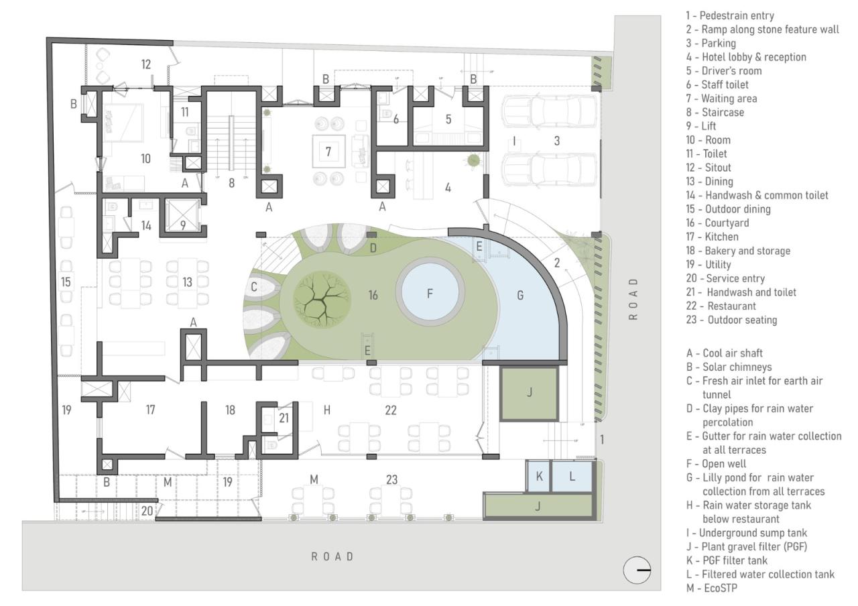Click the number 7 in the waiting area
click(x=328, y=152)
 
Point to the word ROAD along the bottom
click(x=332, y=556)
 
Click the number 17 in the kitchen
click(x=150, y=410)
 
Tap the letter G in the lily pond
click(x=520, y=295)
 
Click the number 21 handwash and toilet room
click(x=284, y=418)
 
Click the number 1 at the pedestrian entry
click(x=601, y=440)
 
